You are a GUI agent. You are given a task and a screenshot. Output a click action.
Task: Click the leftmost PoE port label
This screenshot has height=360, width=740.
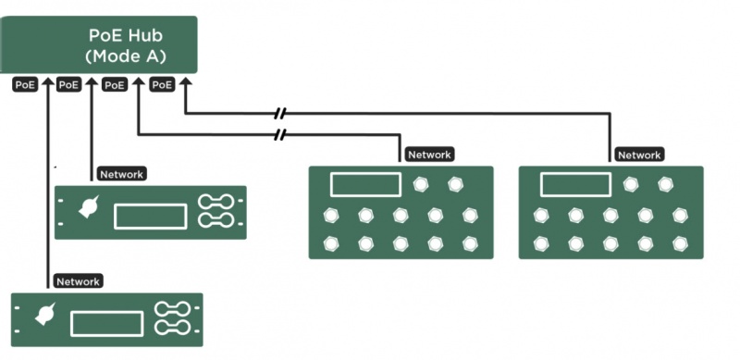[26, 84]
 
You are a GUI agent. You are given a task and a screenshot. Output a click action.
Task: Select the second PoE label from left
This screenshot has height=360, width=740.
[69, 84]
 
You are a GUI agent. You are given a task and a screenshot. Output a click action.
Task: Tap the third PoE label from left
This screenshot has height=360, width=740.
[115, 84]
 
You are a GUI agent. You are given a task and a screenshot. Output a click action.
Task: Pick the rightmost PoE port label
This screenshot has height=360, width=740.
[162, 84]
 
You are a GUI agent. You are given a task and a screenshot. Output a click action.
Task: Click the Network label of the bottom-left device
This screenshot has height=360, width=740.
[79, 280]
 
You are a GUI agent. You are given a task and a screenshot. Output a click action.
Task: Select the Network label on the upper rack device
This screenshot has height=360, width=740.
[121, 173]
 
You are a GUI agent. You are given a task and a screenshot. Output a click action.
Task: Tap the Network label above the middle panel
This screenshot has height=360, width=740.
[429, 155]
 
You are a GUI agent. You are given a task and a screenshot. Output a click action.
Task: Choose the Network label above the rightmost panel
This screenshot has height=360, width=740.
[639, 155]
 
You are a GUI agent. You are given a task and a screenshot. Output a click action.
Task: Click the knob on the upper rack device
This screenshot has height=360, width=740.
[91, 210]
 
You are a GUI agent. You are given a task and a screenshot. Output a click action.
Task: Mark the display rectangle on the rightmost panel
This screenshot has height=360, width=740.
[573, 184]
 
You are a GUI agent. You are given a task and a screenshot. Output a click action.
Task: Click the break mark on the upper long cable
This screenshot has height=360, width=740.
[281, 114]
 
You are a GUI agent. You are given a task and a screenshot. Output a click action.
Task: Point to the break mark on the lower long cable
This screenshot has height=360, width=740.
[281, 135]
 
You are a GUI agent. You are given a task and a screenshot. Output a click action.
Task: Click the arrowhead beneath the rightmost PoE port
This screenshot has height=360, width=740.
[184, 82]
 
